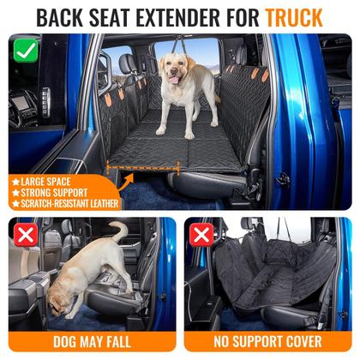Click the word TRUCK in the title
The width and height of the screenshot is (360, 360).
tap(294, 16)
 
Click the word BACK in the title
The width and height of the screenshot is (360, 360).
tap(59, 16)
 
